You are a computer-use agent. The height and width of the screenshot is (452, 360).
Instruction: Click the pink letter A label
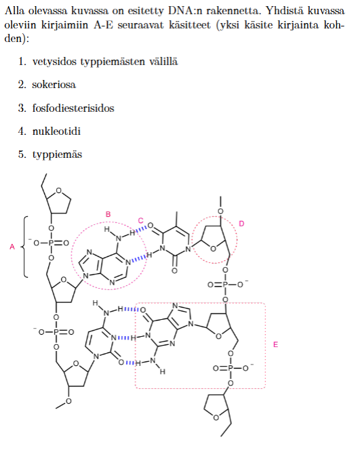[12, 247]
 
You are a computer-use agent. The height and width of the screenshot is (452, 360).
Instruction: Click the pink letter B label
[108, 214]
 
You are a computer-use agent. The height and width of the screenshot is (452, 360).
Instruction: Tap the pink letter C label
[140, 220]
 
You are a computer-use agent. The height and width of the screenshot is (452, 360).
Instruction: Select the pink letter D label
[241, 224]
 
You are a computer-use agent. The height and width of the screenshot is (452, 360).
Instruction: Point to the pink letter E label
[275, 344]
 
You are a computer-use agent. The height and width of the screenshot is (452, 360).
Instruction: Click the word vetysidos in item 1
[54, 62]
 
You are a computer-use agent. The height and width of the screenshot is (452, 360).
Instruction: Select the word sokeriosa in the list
[54, 85]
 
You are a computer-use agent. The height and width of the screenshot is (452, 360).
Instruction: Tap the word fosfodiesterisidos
[73, 108]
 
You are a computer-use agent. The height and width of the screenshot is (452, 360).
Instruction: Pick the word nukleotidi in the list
[56, 131]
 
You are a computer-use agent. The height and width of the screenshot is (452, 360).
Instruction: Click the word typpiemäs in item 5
[57, 155]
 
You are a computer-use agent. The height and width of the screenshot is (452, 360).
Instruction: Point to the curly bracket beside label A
[24, 247]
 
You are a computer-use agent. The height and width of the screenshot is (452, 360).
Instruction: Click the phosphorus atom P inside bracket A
[51, 243]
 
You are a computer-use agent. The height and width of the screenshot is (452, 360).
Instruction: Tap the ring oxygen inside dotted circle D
[213, 249]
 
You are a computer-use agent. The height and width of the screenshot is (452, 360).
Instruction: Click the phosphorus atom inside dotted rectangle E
[231, 368]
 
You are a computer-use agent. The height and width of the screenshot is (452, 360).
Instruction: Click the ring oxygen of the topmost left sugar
[58, 190]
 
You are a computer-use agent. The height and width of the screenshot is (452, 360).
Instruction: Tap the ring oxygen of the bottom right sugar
[216, 417]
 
